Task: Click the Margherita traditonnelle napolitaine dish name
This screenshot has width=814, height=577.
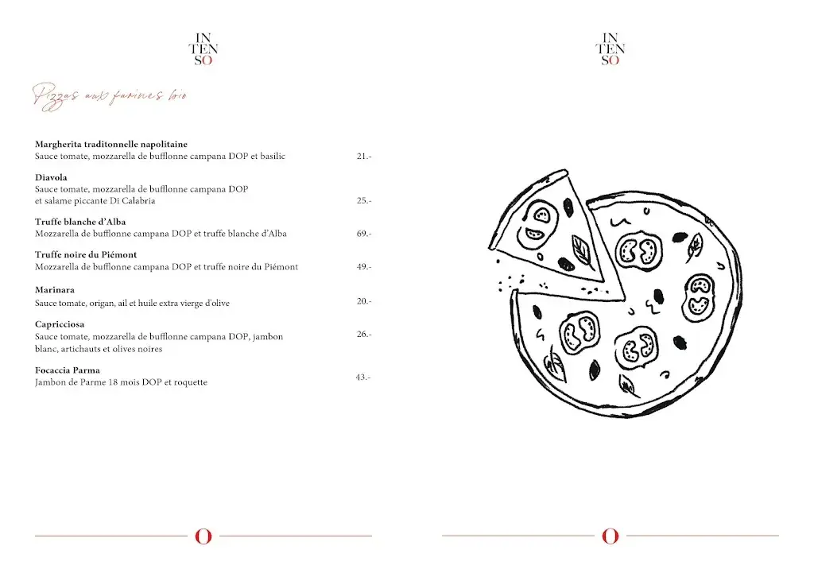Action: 111,145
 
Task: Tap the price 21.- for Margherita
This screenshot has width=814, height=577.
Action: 363,157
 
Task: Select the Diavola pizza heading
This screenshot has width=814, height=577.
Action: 51,177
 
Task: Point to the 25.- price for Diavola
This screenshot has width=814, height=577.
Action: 363,201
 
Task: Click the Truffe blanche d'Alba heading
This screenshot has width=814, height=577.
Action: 80,222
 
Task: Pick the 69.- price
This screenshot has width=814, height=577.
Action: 363,234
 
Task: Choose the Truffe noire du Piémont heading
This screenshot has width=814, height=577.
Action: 86,255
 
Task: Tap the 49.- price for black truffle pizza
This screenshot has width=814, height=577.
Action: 363,267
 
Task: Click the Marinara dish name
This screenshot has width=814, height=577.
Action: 55,290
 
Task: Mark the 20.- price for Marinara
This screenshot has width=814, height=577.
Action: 363,301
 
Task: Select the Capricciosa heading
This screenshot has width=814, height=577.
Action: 60,324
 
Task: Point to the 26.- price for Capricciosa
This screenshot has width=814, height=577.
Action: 363,335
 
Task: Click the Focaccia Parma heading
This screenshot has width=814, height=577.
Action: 68,370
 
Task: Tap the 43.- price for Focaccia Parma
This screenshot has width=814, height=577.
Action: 362,377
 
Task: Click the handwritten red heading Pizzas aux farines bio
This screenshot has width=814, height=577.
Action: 110,95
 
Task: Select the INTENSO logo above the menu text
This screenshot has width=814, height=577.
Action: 203,48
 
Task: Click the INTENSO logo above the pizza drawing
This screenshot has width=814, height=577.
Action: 610,48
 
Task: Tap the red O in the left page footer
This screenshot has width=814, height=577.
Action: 203,536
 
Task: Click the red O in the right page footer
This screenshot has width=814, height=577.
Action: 610,536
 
